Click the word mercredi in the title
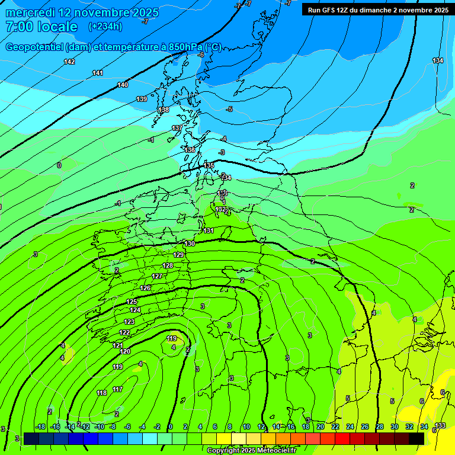28,12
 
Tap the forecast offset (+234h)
105,27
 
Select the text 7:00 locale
41,27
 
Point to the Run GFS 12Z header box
377,9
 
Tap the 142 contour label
69,62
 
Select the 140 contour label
123,85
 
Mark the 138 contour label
164,110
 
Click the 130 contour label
190,243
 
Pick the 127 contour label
157,277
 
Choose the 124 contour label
135,310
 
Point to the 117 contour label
117,389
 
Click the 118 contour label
101,393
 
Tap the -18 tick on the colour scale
40,427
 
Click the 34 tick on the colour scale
424,427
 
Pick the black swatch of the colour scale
416,438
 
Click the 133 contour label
440,426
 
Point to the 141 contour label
98,73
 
